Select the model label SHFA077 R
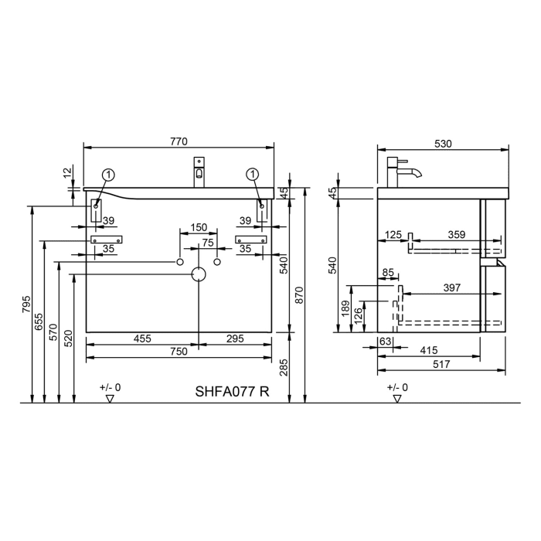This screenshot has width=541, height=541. (x=232, y=391)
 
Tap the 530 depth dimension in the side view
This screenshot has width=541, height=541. (x=443, y=143)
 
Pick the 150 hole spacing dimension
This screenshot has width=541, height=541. (x=199, y=226)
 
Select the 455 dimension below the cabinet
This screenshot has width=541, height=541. (x=141, y=339)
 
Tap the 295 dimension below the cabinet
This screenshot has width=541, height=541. (x=236, y=339)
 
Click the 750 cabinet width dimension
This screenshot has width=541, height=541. (x=179, y=352)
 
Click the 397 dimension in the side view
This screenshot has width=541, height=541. (x=452, y=288)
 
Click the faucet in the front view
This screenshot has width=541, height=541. (x=199, y=172)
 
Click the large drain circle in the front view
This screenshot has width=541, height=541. (x=199, y=274)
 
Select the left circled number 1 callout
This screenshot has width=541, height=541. (x=109, y=175)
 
